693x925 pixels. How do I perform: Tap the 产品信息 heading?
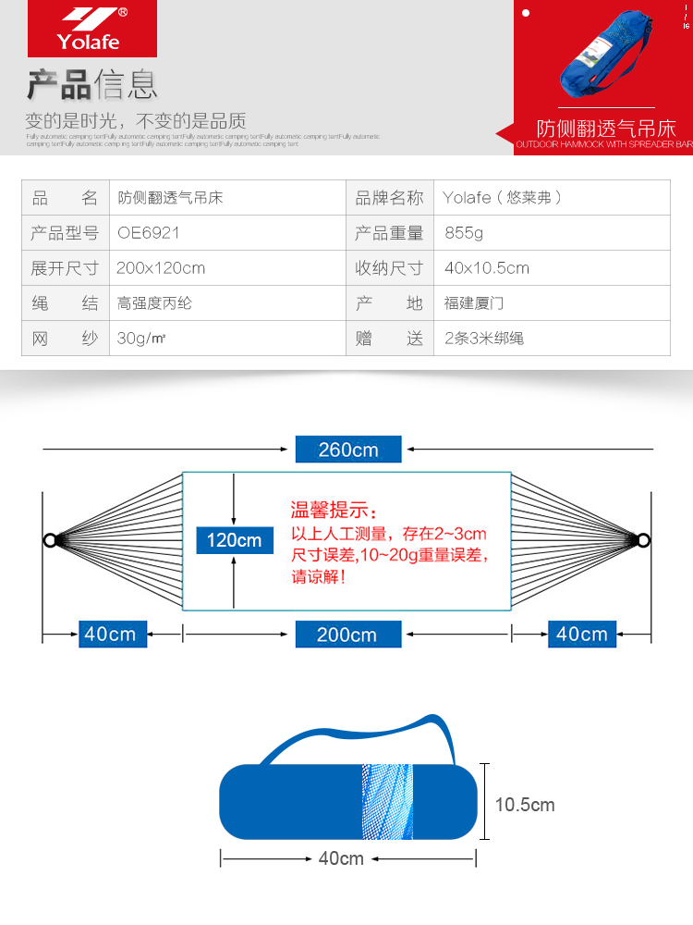pos(91,84)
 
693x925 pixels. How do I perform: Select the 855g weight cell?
pos(464,233)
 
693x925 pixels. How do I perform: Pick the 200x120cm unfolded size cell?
pos(161,268)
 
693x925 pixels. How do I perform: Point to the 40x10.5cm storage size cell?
pos(487,268)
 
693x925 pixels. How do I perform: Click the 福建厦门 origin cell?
pos(474,303)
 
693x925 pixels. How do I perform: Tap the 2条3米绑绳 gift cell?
pos(484,339)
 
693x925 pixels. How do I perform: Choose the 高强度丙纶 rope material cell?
pos(155,303)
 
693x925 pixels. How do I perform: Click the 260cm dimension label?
pos(348,450)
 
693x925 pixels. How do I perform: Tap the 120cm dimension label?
pos(235,540)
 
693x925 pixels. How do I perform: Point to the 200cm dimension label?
pos(347,634)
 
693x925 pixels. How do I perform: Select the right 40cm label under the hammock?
pos(582,634)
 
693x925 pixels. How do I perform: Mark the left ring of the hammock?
pos(49,540)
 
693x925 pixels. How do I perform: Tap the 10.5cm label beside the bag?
pos(525,805)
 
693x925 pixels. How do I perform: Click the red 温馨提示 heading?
pos(334,510)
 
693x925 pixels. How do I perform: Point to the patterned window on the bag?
pos(387,801)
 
